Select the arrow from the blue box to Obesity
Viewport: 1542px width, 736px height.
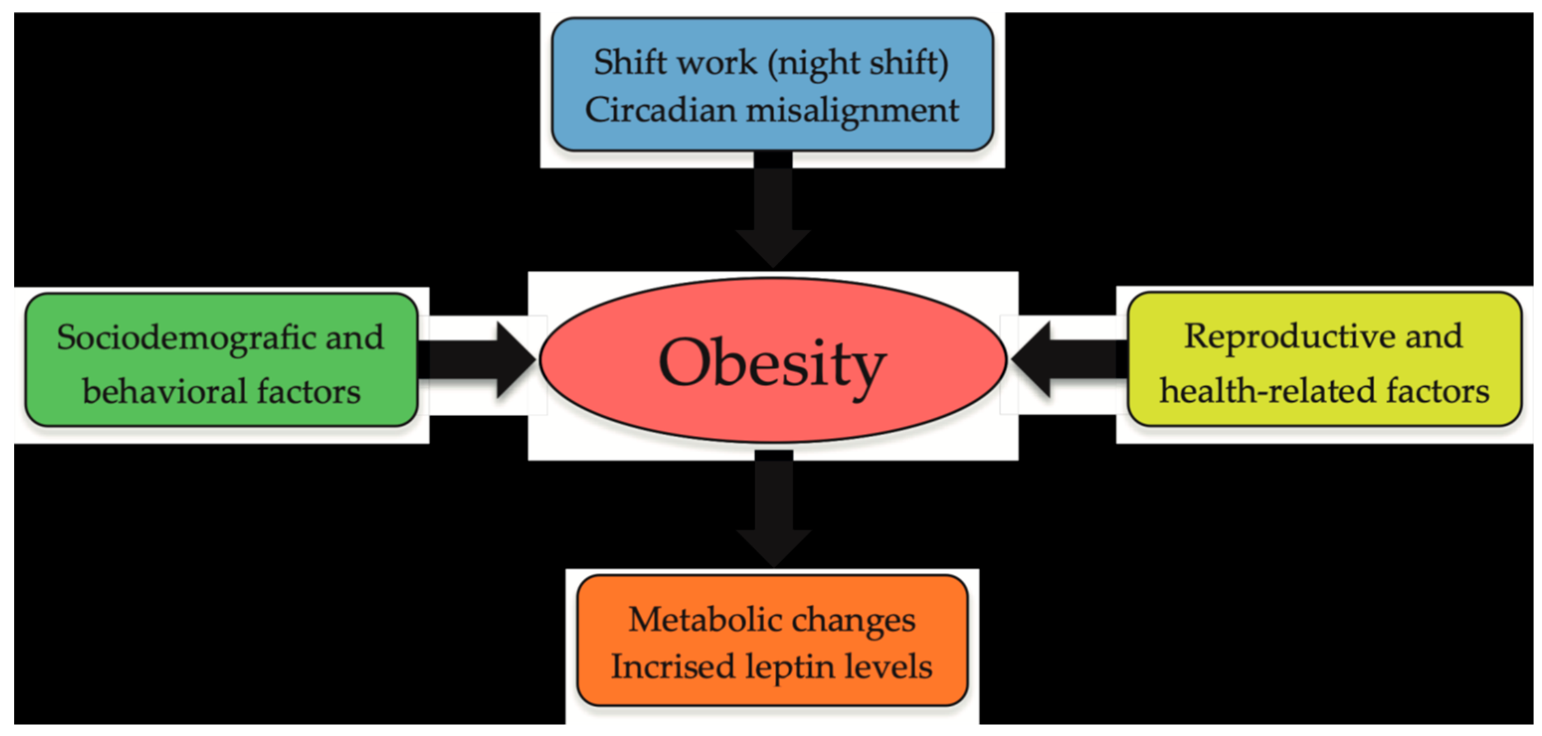pos(773,209)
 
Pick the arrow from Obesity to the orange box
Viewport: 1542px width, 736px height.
pos(773,508)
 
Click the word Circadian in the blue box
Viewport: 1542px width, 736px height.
pos(661,110)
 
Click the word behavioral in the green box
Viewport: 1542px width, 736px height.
pos(164,392)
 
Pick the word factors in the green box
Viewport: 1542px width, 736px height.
pos(309,392)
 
